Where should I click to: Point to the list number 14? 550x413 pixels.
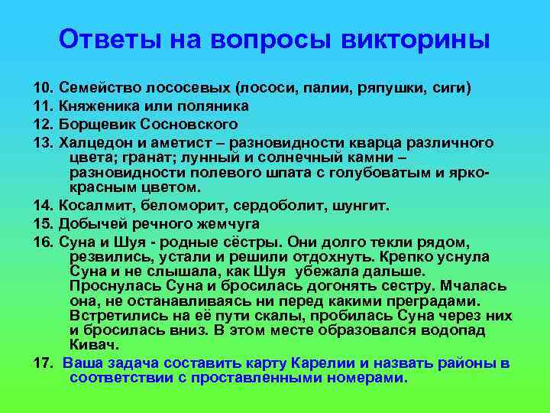(43, 206)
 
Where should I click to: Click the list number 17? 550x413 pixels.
(43, 363)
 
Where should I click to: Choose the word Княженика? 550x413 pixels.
(98, 106)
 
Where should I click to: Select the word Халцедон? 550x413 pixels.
(94, 143)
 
